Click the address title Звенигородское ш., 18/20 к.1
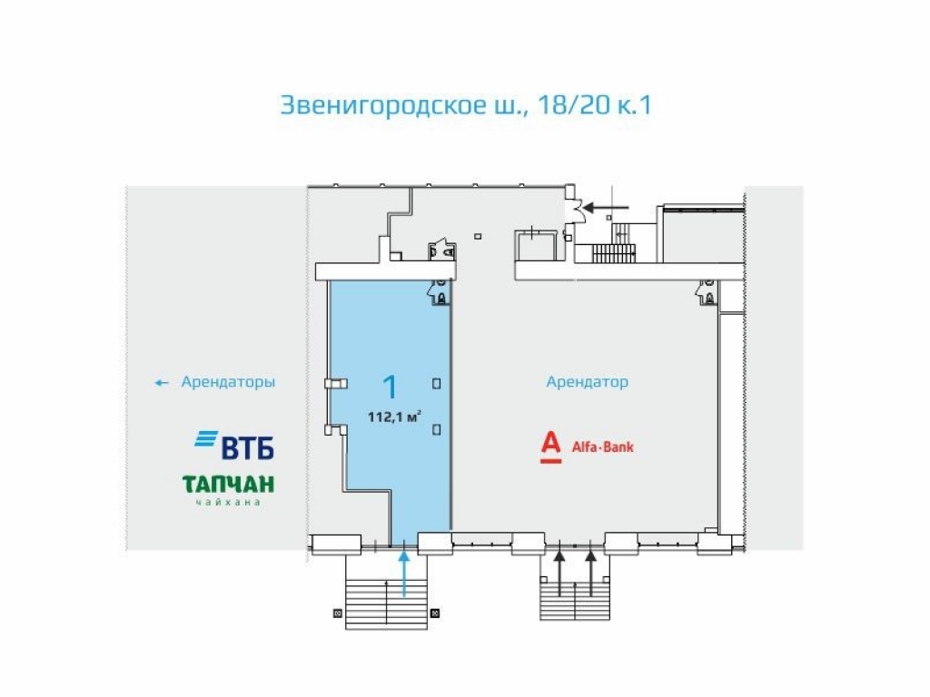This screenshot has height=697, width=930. point(465,105)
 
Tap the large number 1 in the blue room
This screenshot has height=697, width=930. point(390,388)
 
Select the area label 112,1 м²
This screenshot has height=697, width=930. point(393,418)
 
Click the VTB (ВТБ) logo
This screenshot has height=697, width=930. point(234,444)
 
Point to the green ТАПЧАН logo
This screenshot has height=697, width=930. point(228,484)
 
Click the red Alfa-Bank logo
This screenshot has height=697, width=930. point(587,447)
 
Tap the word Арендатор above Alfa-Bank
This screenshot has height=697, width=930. point(587,382)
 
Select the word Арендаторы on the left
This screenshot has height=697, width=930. point(228,382)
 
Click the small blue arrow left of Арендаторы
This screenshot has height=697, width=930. point(162,383)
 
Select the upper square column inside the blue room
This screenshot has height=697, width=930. point(437,383)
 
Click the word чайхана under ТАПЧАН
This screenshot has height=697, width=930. point(228,502)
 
